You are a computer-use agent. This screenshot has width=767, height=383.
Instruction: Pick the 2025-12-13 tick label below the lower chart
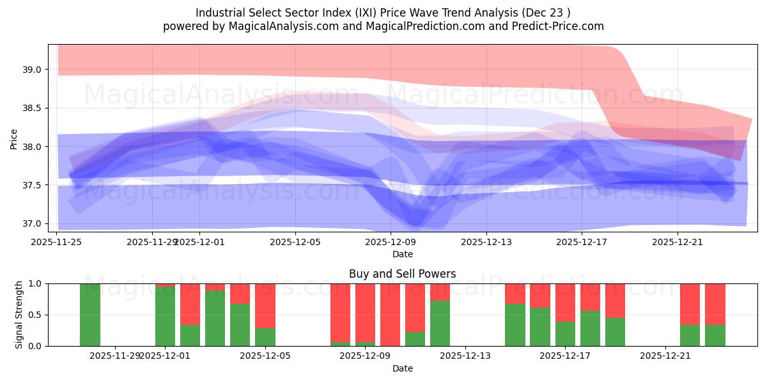(x=465, y=356)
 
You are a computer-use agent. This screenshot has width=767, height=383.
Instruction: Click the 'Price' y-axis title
(x=14, y=139)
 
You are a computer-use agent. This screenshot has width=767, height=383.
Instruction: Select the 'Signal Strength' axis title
(x=19, y=314)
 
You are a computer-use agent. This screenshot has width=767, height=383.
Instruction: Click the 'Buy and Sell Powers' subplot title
(x=402, y=274)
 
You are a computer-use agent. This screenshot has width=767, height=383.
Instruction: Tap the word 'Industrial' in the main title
(x=219, y=13)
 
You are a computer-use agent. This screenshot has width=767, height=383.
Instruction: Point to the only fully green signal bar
(x=90, y=315)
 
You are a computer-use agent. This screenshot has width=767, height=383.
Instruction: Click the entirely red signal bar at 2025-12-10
(x=390, y=315)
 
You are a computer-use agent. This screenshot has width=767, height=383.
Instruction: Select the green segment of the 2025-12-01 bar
(x=165, y=317)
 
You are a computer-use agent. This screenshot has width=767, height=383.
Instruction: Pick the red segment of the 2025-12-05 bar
(x=265, y=305)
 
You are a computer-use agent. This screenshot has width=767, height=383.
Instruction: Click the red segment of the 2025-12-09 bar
(x=365, y=313)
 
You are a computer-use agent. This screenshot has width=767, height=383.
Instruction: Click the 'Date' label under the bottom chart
(x=402, y=368)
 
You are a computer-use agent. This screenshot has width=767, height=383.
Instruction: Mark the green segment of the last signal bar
(x=715, y=336)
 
